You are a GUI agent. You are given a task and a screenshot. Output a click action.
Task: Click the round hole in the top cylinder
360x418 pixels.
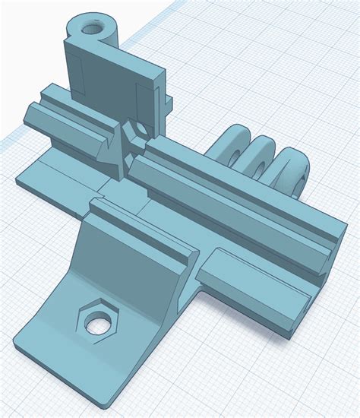[x=93, y=27]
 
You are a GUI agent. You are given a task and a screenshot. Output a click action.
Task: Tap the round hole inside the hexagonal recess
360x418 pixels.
[x=96, y=325]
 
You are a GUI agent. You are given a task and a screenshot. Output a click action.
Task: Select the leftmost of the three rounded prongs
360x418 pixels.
[x=233, y=144]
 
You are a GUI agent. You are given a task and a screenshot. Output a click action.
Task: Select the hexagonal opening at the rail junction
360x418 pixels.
[x=137, y=132]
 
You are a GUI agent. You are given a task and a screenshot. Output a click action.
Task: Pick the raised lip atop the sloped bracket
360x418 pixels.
[x=144, y=224]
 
